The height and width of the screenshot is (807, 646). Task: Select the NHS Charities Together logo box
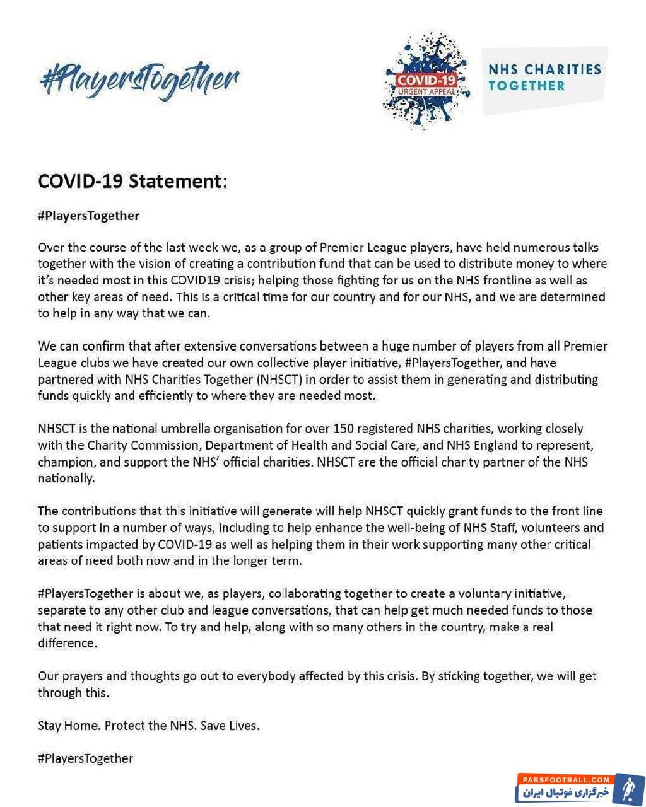pyautogui.click(x=544, y=78)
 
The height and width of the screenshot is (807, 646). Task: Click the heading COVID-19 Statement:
pyautogui.click(x=132, y=182)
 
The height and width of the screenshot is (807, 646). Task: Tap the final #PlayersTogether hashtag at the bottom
pyautogui.click(x=86, y=758)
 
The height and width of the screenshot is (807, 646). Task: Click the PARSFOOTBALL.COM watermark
pyautogui.click(x=555, y=780)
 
